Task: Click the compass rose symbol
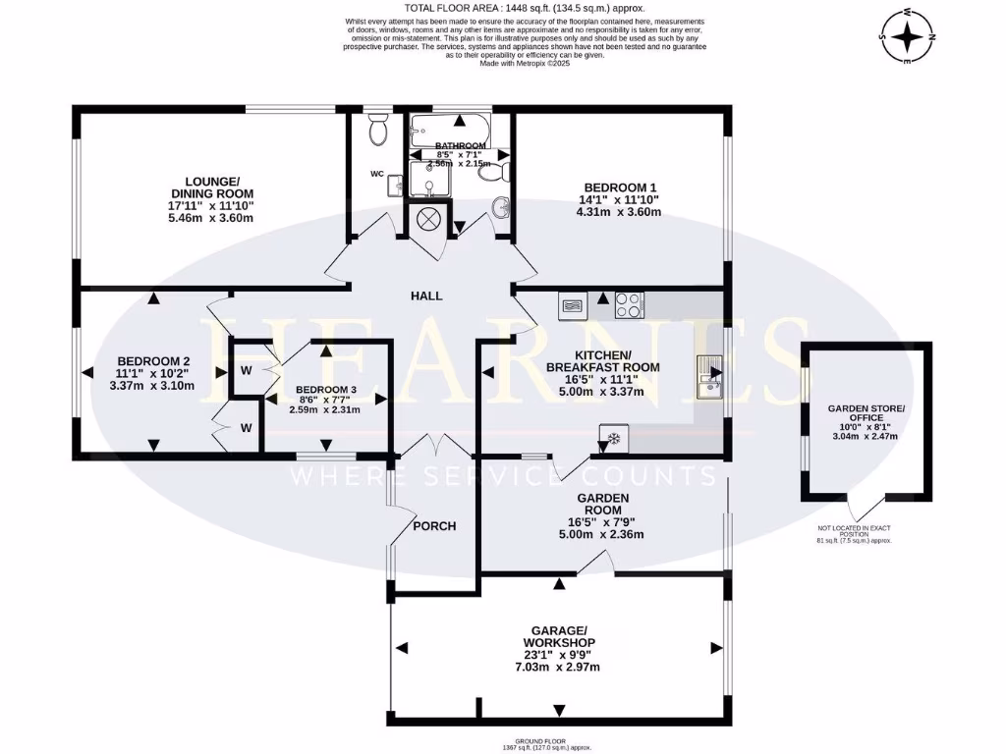click(909, 38)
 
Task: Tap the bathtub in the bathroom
click(451, 129)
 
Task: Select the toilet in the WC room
click(376, 129)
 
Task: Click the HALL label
click(426, 296)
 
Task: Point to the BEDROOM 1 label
click(620, 188)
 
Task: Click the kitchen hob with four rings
click(629, 306)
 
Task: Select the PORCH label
click(434, 526)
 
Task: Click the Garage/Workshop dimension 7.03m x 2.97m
click(557, 668)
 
